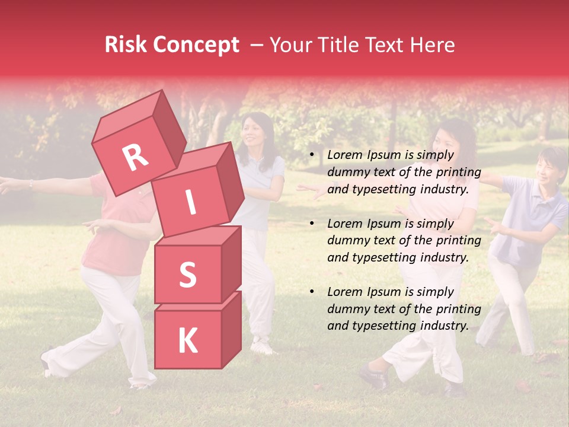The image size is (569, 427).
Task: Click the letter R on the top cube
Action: tap(135, 157)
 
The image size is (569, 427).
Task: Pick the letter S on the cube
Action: tap(187, 275)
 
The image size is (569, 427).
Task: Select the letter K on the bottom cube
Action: tap(187, 340)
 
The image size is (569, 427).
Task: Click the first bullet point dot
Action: tap(312, 155)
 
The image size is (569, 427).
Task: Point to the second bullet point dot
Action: tap(312, 224)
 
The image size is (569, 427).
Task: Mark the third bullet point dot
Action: tap(312, 292)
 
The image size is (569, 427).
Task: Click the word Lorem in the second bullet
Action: tap(344, 224)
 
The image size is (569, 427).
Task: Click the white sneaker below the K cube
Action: tap(261, 346)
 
